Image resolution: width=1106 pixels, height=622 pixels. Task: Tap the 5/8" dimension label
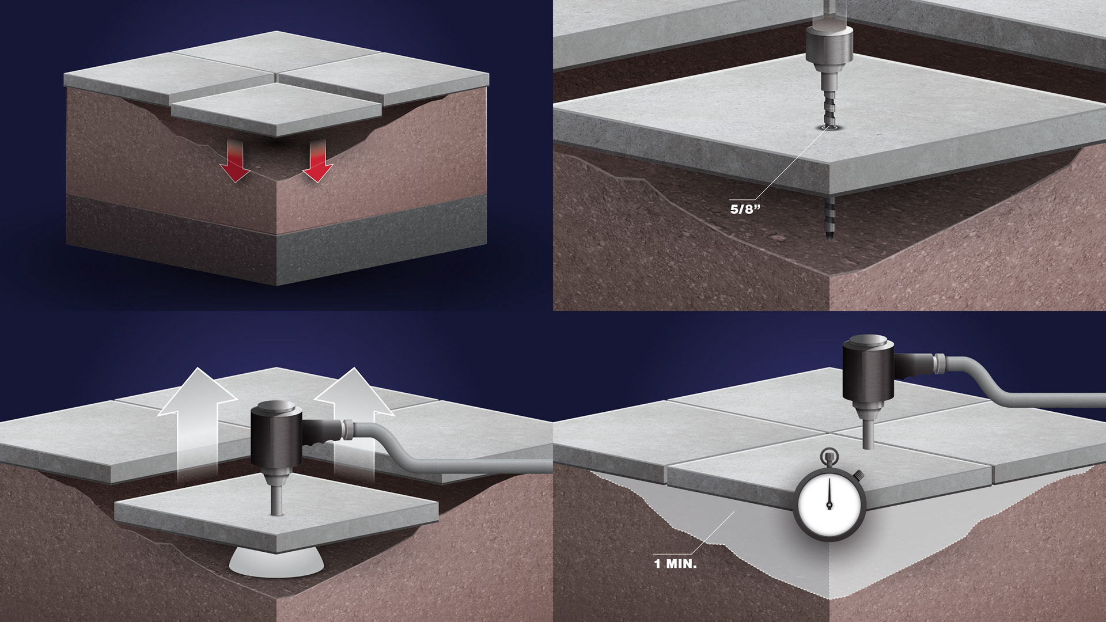click(745, 210)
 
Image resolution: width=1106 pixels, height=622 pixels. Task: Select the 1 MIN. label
click(675, 564)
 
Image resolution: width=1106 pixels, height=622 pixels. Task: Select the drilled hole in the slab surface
click(828, 127)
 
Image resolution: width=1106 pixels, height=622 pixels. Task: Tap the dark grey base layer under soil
click(276, 242)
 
